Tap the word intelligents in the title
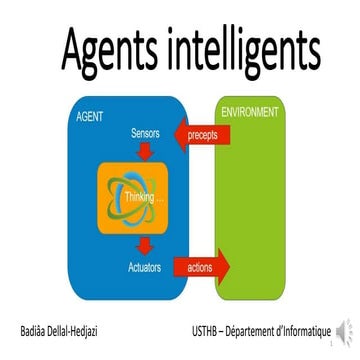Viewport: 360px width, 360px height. click(x=241, y=46)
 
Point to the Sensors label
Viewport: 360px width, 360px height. click(x=148, y=132)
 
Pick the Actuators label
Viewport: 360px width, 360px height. click(x=148, y=268)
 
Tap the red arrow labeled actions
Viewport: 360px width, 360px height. click(x=201, y=267)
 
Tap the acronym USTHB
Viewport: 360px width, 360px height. click(x=209, y=330)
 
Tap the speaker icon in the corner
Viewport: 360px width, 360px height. click(x=345, y=331)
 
